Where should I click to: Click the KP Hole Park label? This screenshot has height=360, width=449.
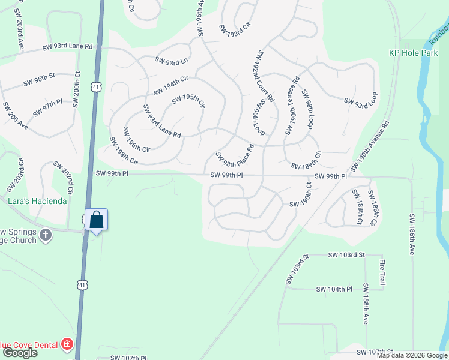[413, 53]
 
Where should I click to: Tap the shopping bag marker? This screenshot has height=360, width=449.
[96, 220]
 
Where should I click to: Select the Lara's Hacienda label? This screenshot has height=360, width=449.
[37, 201]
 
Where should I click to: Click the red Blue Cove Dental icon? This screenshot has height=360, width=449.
[67, 344]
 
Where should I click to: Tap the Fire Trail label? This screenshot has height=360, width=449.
[381, 271]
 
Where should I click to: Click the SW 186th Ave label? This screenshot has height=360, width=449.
[412, 233]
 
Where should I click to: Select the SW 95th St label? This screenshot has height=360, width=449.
[39, 76]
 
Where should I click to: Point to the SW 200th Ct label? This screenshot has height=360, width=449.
[76, 89]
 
